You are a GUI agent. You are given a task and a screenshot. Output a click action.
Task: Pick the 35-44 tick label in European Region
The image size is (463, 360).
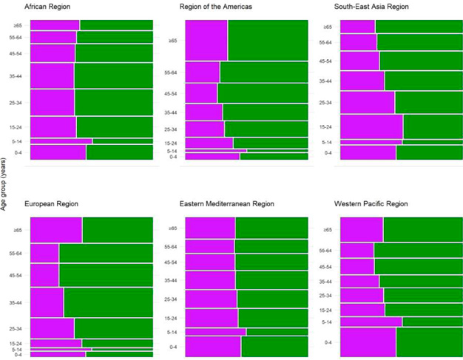[x=16, y=302]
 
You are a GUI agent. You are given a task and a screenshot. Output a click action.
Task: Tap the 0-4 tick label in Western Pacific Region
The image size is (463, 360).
[x=328, y=342]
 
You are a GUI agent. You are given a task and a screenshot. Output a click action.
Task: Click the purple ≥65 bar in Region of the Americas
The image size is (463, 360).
[x=206, y=41]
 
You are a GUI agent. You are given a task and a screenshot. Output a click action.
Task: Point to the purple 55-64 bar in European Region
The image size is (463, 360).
[x=44, y=253]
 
